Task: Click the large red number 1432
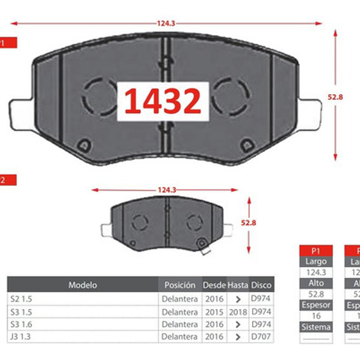click(162, 101)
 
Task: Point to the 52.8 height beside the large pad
click(335, 97)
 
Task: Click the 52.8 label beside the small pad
click(248, 223)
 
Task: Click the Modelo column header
click(82, 285)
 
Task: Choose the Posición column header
click(180, 285)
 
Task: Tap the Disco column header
click(261, 285)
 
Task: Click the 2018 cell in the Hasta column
click(238, 312)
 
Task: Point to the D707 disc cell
click(261, 336)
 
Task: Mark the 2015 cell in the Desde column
click(214, 312)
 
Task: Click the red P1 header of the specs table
click(316, 251)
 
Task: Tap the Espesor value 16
click(316, 316)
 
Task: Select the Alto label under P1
click(316, 283)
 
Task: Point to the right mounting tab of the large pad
click(310, 114)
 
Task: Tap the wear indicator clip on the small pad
click(204, 247)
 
